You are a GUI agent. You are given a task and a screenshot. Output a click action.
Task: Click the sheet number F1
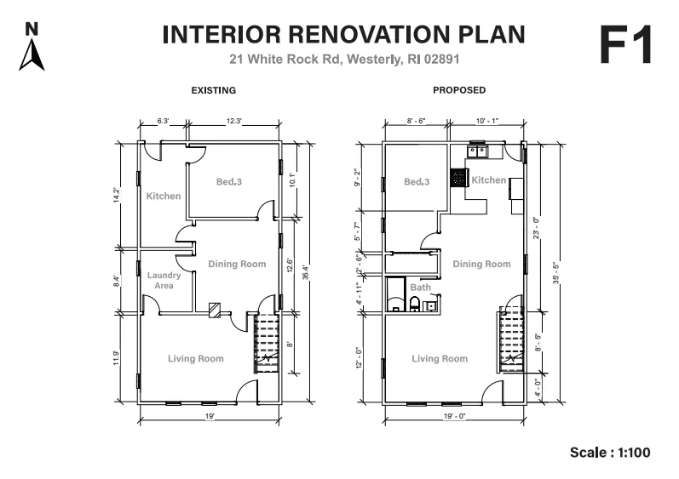(x=626, y=45)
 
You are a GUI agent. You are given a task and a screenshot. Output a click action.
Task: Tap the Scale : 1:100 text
(x=610, y=452)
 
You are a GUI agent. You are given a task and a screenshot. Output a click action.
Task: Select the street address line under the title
(x=344, y=60)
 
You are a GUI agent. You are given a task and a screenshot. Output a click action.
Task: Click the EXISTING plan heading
(x=214, y=90)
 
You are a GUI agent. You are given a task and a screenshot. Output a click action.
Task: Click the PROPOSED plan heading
(x=459, y=90)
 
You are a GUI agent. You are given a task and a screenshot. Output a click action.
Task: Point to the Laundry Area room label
(x=164, y=280)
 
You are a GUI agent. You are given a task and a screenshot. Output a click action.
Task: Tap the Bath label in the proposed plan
(x=421, y=287)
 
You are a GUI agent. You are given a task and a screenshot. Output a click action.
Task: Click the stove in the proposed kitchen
(x=458, y=177)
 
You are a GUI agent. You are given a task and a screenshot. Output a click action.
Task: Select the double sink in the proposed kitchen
(x=477, y=151)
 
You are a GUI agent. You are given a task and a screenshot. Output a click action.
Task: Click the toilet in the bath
(x=414, y=304)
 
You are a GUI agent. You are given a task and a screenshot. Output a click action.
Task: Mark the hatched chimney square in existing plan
(x=215, y=310)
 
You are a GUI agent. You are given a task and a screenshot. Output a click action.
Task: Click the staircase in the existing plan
(x=266, y=344)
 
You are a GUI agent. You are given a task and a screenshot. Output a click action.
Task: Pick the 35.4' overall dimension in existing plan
(x=305, y=272)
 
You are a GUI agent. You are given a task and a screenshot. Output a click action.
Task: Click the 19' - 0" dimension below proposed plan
(x=454, y=416)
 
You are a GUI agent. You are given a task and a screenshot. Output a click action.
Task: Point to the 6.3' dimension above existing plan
(x=163, y=121)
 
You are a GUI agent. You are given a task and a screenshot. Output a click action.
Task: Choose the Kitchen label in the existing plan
(x=164, y=196)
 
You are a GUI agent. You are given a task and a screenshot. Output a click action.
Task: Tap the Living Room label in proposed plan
(x=440, y=358)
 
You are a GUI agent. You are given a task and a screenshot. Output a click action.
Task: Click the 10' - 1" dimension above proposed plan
(x=487, y=121)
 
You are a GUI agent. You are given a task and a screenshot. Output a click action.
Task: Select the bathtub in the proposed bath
(x=395, y=294)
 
